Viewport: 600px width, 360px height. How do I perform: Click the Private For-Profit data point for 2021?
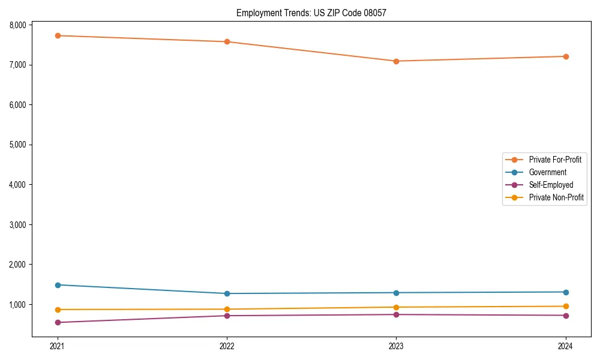pyautogui.click(x=58, y=35)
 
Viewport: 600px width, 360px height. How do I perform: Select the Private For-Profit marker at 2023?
pyautogui.click(x=397, y=61)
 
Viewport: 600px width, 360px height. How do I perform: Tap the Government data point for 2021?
pyautogui.click(x=58, y=285)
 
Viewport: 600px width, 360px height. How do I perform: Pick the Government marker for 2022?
pyautogui.click(x=227, y=293)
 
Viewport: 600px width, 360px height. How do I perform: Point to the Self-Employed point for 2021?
pyautogui.click(x=58, y=322)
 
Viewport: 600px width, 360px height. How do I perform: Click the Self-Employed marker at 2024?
pyautogui.click(x=566, y=316)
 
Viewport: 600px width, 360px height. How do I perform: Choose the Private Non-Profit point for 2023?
pyautogui.click(x=397, y=307)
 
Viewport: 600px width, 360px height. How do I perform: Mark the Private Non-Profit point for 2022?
pyautogui.click(x=227, y=309)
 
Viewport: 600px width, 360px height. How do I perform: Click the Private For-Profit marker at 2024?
pyautogui.click(x=566, y=56)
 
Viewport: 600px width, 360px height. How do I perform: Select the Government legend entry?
pyautogui.click(x=547, y=172)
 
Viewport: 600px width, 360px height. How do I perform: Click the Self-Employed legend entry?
pyautogui.click(x=551, y=185)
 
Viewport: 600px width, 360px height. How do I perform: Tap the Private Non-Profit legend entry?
pyautogui.click(x=556, y=197)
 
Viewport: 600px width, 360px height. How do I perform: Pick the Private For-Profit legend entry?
pyautogui.click(x=555, y=160)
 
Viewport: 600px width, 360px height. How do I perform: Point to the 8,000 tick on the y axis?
pyautogui.click(x=18, y=25)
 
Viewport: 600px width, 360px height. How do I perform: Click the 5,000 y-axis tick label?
pyautogui.click(x=18, y=145)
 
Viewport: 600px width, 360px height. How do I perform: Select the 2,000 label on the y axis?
pyautogui.click(x=18, y=265)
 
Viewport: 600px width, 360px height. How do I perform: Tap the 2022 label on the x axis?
pyautogui.click(x=227, y=346)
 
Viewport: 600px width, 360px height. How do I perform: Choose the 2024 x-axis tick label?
pyautogui.click(x=566, y=346)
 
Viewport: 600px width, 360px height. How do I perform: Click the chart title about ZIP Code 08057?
pyautogui.click(x=312, y=13)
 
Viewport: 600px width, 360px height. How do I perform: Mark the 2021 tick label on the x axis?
pyautogui.click(x=58, y=346)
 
